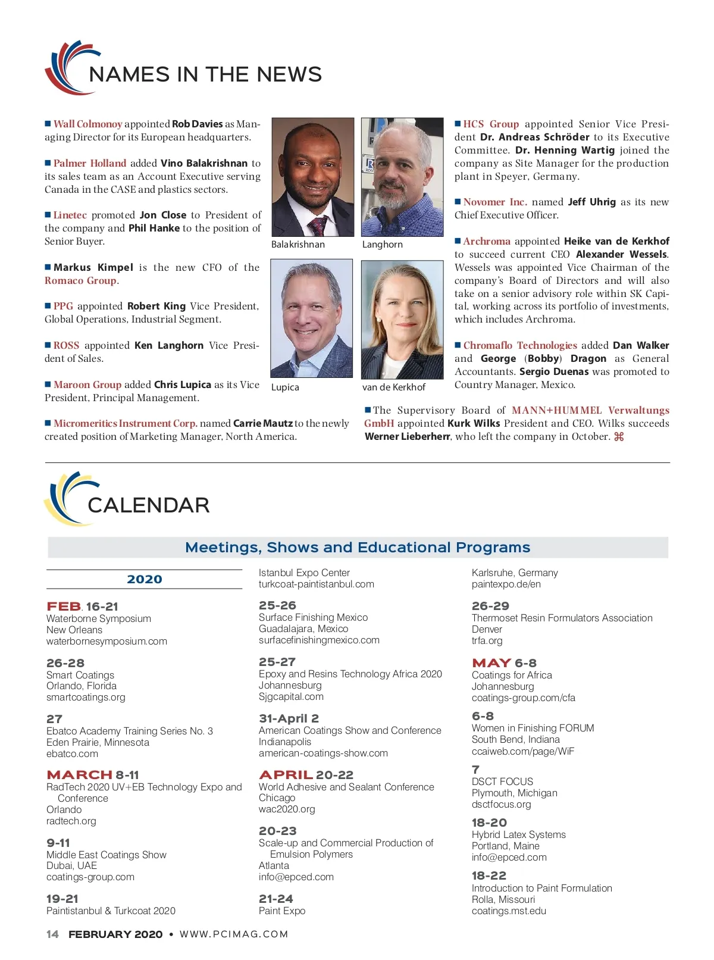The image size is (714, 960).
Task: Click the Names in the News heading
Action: [205, 74]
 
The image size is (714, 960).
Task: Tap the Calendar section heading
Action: [148, 505]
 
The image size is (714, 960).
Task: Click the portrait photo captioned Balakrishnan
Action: [312, 177]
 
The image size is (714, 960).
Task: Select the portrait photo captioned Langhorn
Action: [402, 177]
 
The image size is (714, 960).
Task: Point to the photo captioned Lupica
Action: [312, 318]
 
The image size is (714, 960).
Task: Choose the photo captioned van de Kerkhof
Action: [402, 320]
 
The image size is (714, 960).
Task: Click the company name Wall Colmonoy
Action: [87, 124]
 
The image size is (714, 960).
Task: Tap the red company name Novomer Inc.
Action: [495, 202]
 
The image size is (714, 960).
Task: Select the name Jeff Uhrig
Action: [591, 202]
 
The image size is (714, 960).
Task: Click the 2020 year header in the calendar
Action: [145, 580]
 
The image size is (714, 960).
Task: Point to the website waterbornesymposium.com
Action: [107, 642]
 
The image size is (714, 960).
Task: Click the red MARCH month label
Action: [79, 775]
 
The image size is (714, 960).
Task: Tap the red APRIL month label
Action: [286, 775]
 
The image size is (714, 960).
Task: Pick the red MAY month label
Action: [491, 663]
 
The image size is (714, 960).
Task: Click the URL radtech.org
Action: [71, 821]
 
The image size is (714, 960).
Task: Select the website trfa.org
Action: [487, 641]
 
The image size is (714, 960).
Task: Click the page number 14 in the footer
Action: [52, 934]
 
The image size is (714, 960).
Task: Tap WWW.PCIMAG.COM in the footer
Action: [234, 934]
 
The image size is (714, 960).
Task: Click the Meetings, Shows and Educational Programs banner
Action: [358, 548]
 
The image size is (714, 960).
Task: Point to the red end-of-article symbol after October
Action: [619, 437]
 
